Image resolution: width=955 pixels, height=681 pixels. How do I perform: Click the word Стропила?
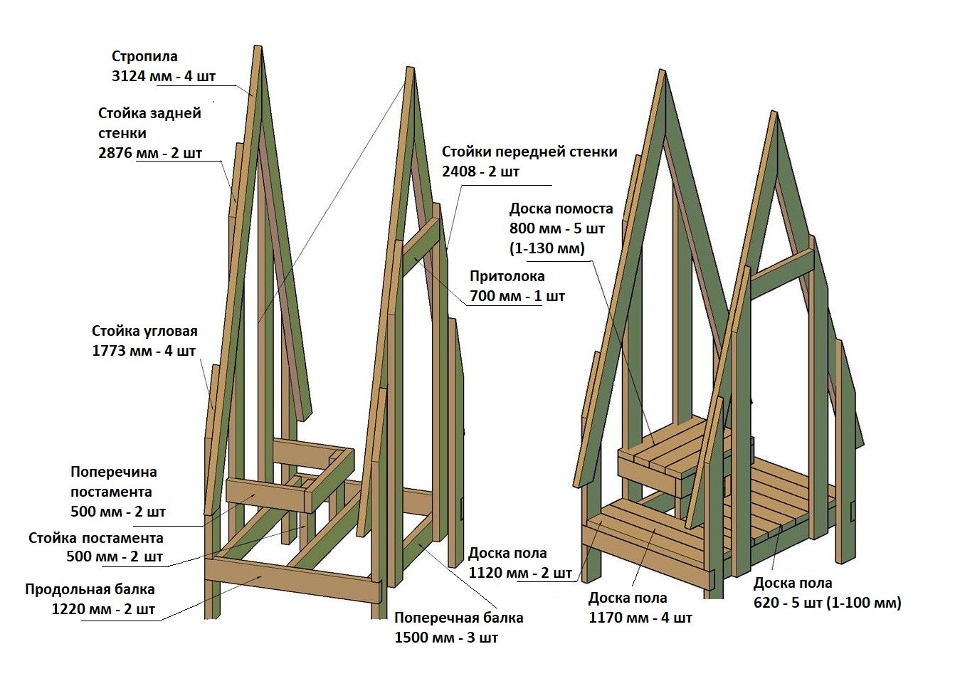(144, 56)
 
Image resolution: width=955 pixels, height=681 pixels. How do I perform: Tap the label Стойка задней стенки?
(149, 122)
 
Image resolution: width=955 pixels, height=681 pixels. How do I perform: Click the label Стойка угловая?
(144, 331)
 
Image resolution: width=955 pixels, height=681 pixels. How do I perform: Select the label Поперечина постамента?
(113, 481)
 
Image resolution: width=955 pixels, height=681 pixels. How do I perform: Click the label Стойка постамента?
(96, 538)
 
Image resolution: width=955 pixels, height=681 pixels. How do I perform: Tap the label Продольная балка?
(90, 589)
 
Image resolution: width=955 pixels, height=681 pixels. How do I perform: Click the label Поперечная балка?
(458, 618)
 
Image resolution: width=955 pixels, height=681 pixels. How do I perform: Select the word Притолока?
(507, 276)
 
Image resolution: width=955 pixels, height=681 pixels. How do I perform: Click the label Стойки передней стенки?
(529, 152)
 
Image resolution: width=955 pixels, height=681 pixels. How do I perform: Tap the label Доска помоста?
(561, 209)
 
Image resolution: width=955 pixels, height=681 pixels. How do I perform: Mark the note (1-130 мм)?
(547, 248)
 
